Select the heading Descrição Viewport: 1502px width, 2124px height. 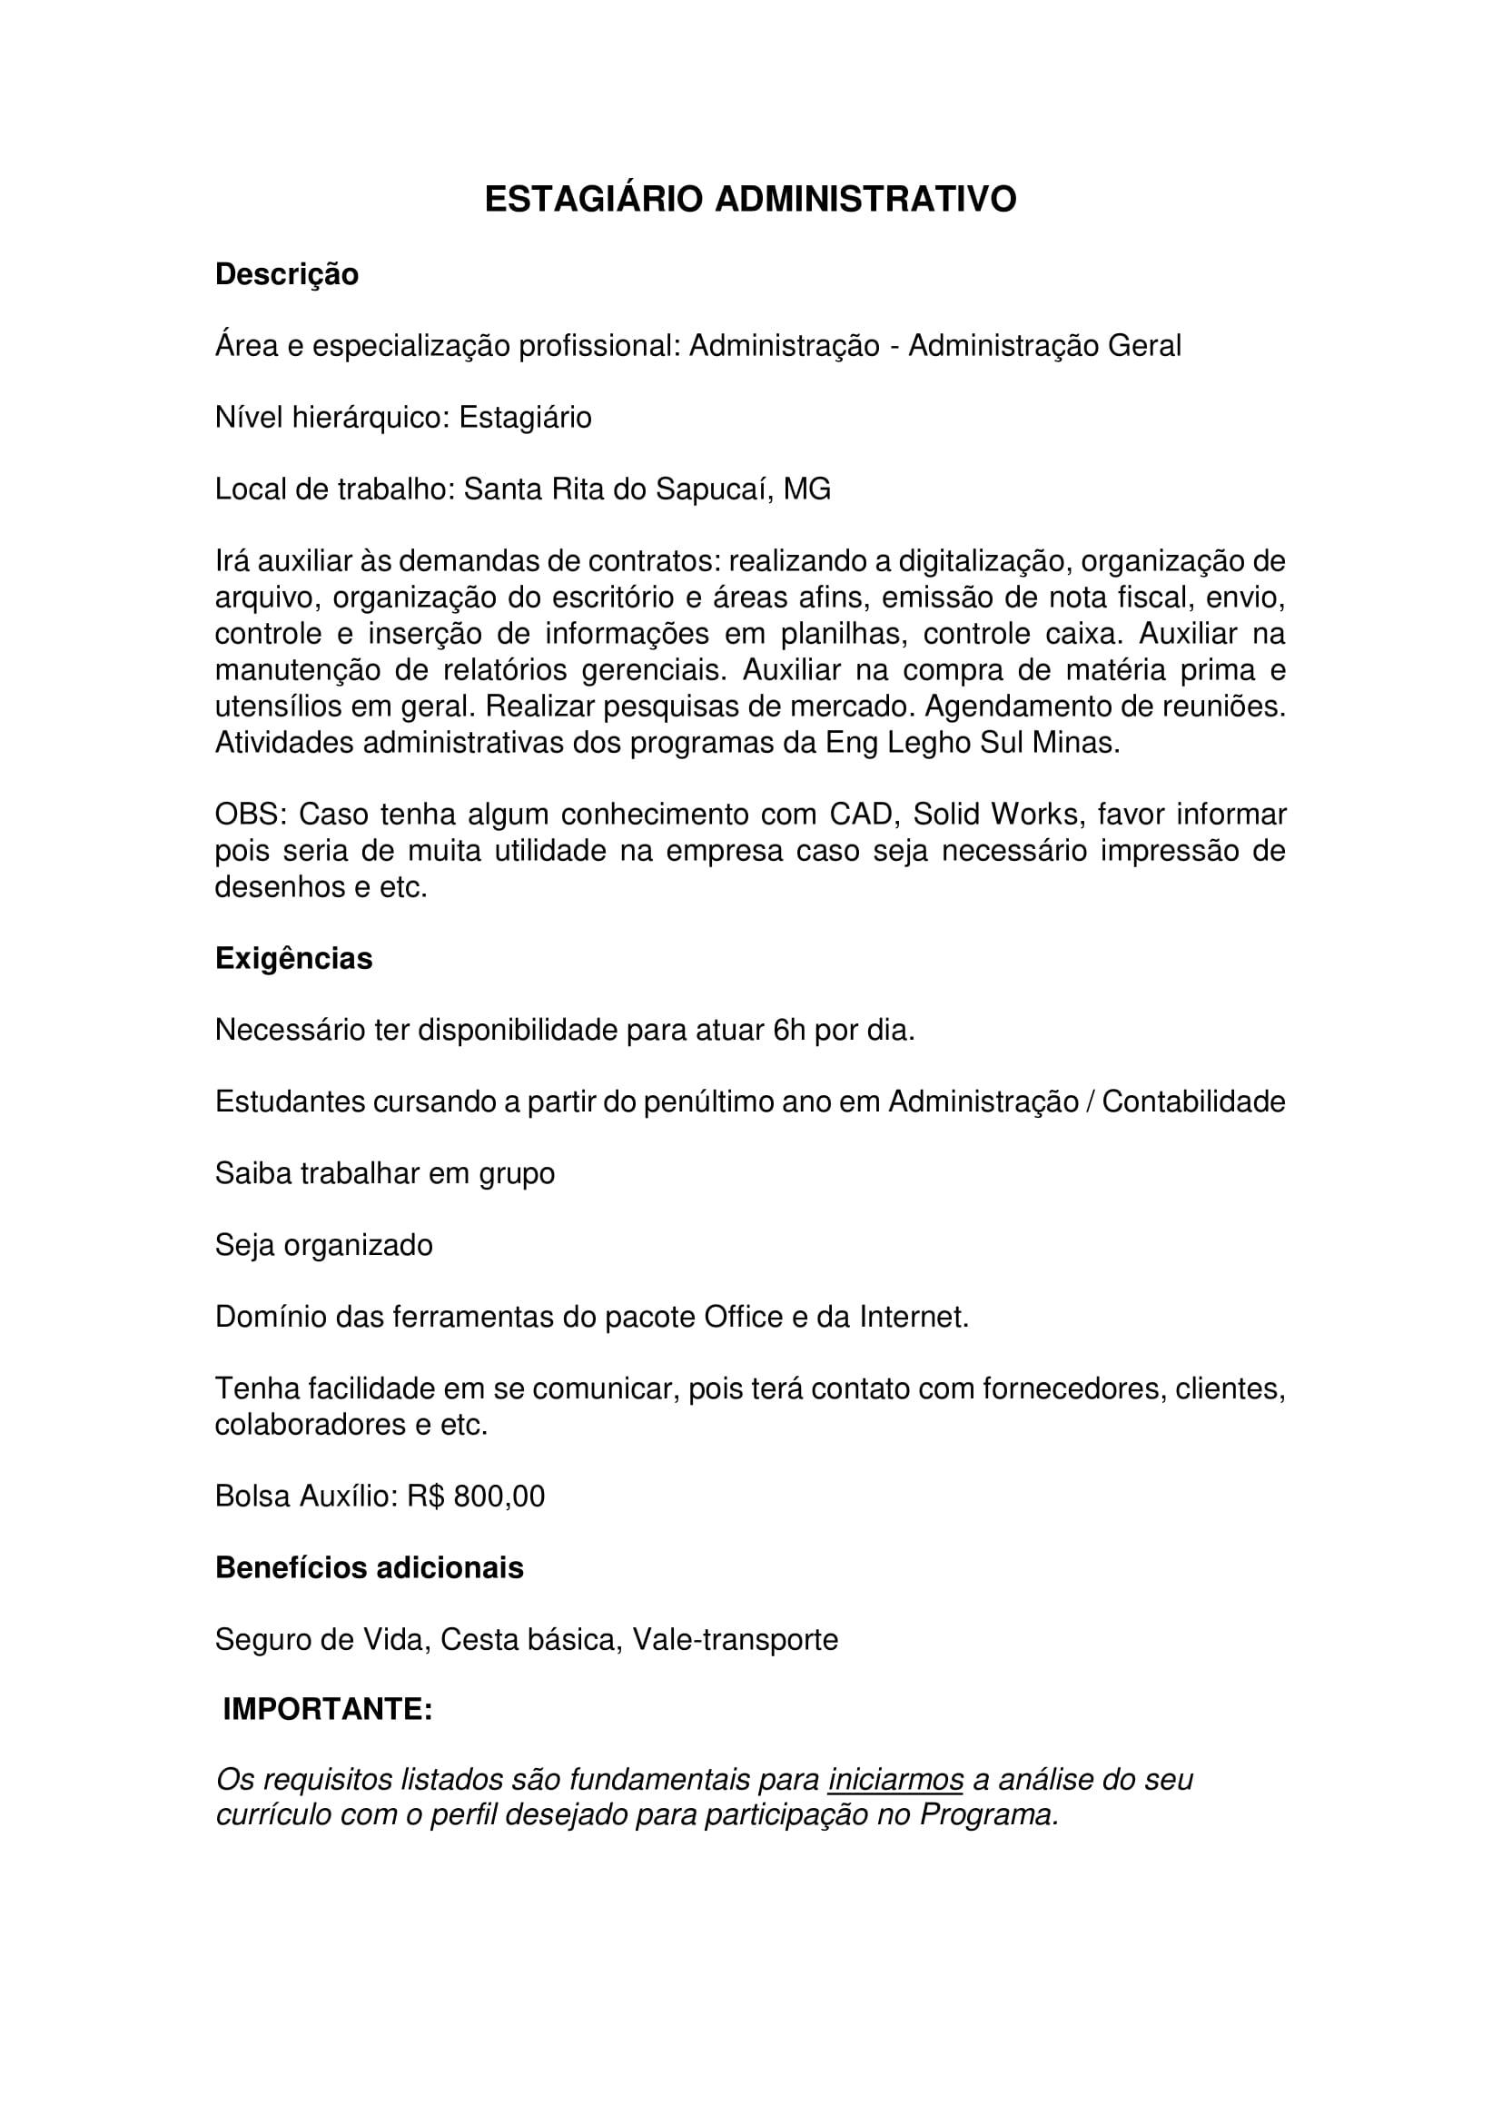tap(287, 275)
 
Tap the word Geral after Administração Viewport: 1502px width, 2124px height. tap(1144, 346)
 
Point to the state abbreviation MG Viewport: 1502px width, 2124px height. tap(806, 489)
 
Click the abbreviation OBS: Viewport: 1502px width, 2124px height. tap(252, 815)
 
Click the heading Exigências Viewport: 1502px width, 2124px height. tap(293, 958)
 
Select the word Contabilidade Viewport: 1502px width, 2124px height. tap(1193, 1102)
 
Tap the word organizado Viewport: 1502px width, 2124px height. tap(358, 1245)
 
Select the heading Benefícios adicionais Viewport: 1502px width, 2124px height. tap(369, 1568)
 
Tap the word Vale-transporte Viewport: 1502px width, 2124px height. tap(736, 1639)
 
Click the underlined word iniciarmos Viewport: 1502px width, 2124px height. tap(895, 1780)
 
